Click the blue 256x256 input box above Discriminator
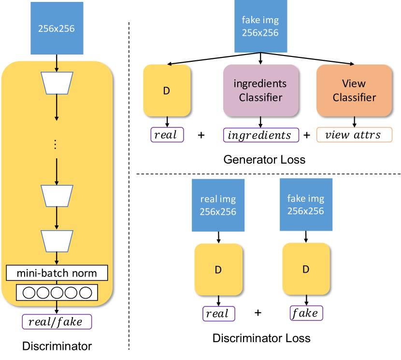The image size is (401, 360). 57,28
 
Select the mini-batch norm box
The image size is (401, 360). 57,273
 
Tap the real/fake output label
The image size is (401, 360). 57,322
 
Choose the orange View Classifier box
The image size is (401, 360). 354,90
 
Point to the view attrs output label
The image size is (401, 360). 355,135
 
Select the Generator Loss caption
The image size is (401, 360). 265,159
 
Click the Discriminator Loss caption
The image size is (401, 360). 261,338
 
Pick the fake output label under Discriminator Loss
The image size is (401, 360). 306,313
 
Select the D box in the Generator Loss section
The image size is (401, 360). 167,90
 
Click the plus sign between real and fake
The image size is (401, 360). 258,313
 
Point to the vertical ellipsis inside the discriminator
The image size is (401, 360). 57,144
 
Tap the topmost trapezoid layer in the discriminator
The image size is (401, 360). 57,83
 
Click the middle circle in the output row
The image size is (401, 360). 57,292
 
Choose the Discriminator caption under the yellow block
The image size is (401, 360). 57,346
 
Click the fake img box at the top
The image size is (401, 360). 261,27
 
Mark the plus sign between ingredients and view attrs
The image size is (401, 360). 307,135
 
